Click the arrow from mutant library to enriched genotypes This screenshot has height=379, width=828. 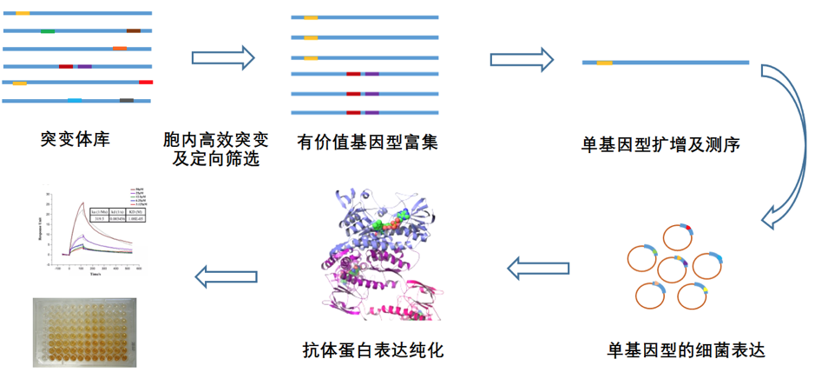pos(223,58)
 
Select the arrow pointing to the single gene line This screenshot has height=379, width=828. pos(522,59)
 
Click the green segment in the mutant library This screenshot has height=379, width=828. pos(48,30)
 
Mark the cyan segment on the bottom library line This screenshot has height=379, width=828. pos(75,101)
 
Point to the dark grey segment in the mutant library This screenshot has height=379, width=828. pos(127,101)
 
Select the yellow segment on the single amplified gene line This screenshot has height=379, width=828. pos(604,63)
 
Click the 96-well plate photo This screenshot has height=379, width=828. pos(85,330)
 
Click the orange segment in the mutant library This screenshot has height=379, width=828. pos(120,48)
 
